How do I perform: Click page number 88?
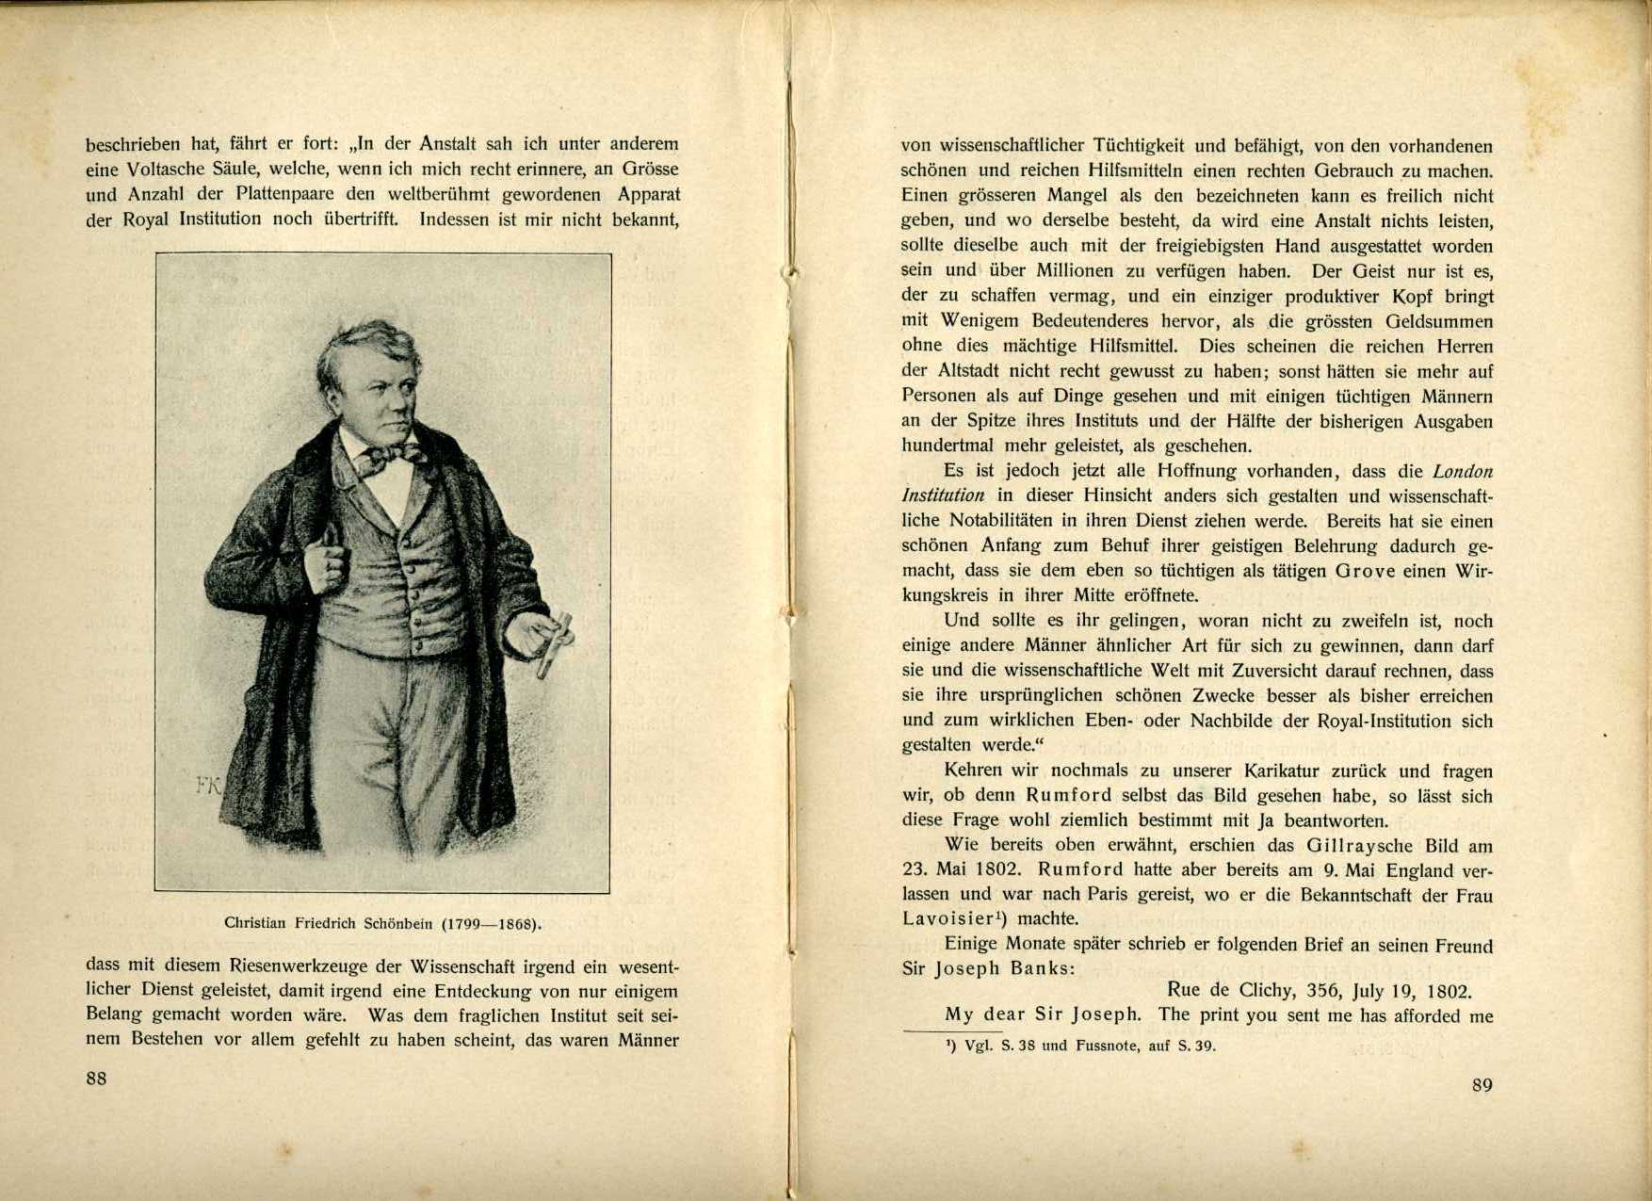(x=96, y=1079)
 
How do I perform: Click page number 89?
(x=1482, y=1085)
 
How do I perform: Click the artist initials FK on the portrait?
(x=206, y=786)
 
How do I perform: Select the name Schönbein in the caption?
(x=398, y=923)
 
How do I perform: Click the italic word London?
(x=1463, y=471)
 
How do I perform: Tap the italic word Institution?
(x=943, y=495)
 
